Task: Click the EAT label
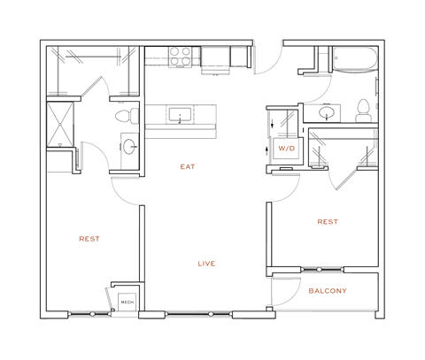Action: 187,166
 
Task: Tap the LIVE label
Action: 206,264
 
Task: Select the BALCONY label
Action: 327,291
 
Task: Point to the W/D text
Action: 286,149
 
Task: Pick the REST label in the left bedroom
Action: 89,239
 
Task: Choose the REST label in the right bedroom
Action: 327,222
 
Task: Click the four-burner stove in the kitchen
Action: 182,56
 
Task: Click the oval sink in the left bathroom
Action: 129,147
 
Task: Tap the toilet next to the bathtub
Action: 361,110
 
